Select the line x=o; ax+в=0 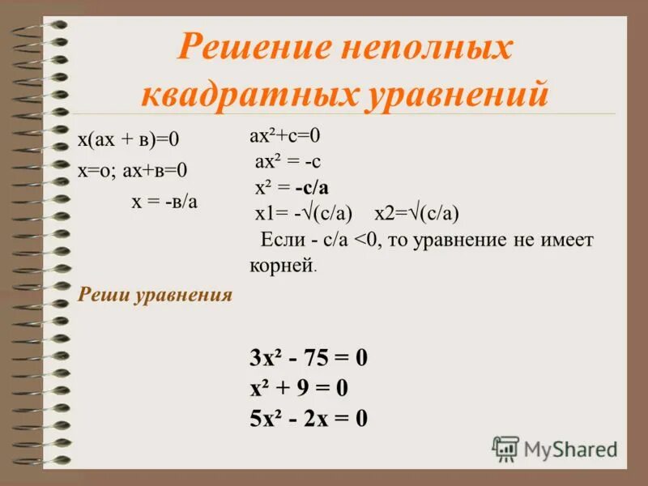click(x=133, y=170)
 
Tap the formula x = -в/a click(x=164, y=201)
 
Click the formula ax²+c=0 click(x=286, y=135)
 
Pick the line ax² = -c click(x=288, y=161)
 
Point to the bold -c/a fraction click(x=312, y=188)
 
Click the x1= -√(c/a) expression click(x=303, y=214)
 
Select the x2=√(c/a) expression click(x=416, y=214)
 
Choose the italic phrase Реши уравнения click(x=155, y=294)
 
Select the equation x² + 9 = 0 click(x=299, y=389)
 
